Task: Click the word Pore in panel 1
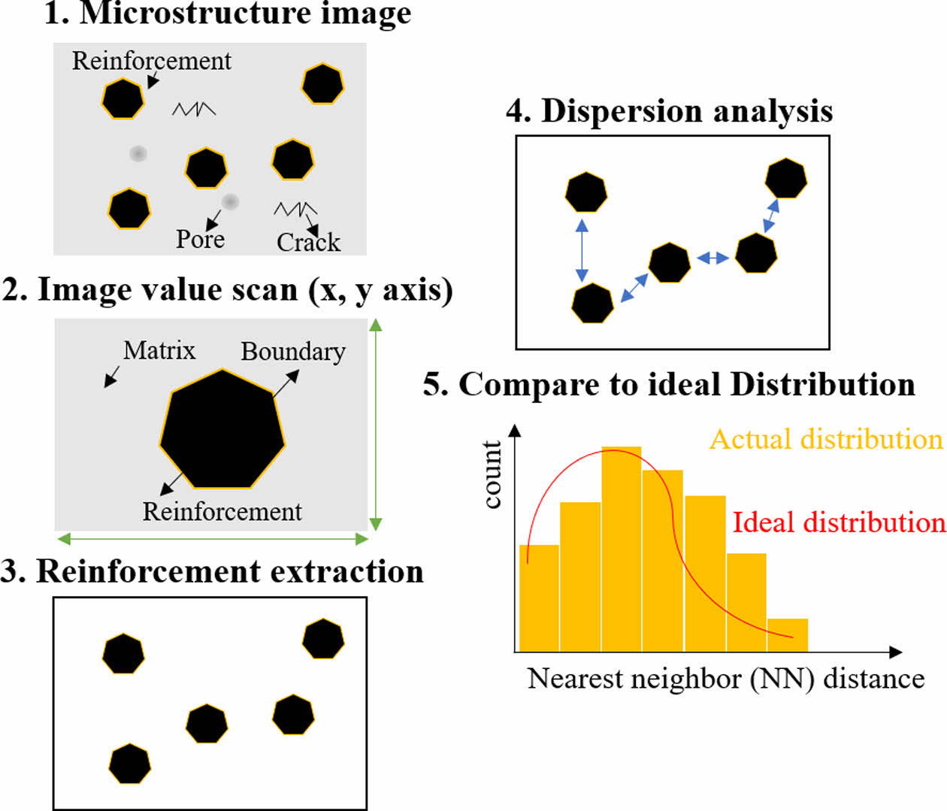200,239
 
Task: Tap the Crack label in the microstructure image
308,242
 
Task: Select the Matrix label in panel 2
159,350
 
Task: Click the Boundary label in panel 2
293,351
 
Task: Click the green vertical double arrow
377,425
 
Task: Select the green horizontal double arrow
213,538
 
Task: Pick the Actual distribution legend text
826,439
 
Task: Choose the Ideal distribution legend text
839,522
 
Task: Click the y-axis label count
492,474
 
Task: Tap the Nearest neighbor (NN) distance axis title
726,679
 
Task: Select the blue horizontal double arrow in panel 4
713,259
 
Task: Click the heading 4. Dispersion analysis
669,111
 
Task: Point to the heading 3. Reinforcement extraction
212,571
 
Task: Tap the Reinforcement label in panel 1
152,61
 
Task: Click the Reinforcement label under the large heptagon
222,512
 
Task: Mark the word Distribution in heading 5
822,384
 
